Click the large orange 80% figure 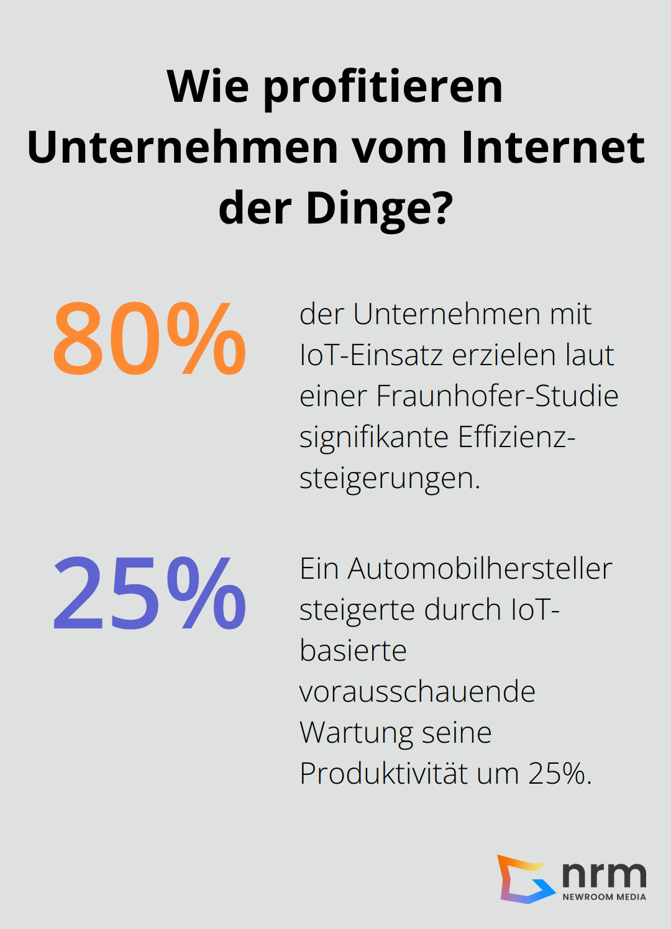coord(149,339)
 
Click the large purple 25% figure coord(149,594)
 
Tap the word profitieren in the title coord(383,87)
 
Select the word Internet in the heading coord(552,148)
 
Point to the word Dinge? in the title coord(380,209)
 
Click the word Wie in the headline coord(208,87)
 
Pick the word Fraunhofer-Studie coord(496,396)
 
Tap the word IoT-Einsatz coord(371,355)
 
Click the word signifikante coord(374,437)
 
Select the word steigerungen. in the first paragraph coord(390,478)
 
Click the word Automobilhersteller coord(480,569)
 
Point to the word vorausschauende coord(417,692)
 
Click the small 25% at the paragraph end coord(559,774)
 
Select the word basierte coord(353,651)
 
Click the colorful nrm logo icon coord(525,879)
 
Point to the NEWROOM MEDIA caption coord(604,897)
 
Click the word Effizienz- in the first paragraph coord(516,437)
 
